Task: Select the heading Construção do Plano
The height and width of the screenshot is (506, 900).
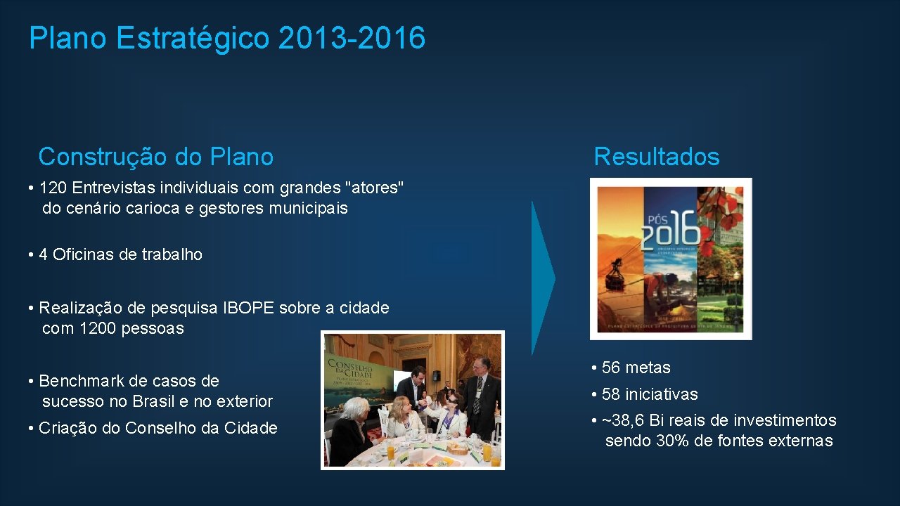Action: (x=155, y=157)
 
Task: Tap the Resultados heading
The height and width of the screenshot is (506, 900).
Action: (x=656, y=157)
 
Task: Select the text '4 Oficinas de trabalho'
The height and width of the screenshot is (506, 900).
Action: (x=120, y=254)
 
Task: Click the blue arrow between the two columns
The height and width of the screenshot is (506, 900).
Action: (x=542, y=278)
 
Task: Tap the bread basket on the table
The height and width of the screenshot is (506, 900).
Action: (x=458, y=447)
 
